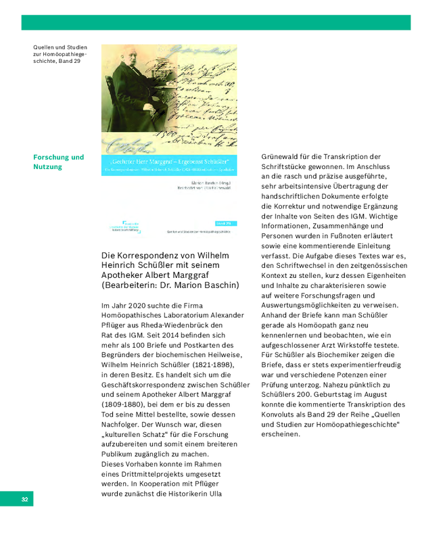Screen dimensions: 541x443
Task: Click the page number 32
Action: coord(24,500)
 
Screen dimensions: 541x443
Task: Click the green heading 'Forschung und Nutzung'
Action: coord(59,162)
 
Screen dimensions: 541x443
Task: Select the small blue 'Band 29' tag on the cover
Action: coord(224,222)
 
